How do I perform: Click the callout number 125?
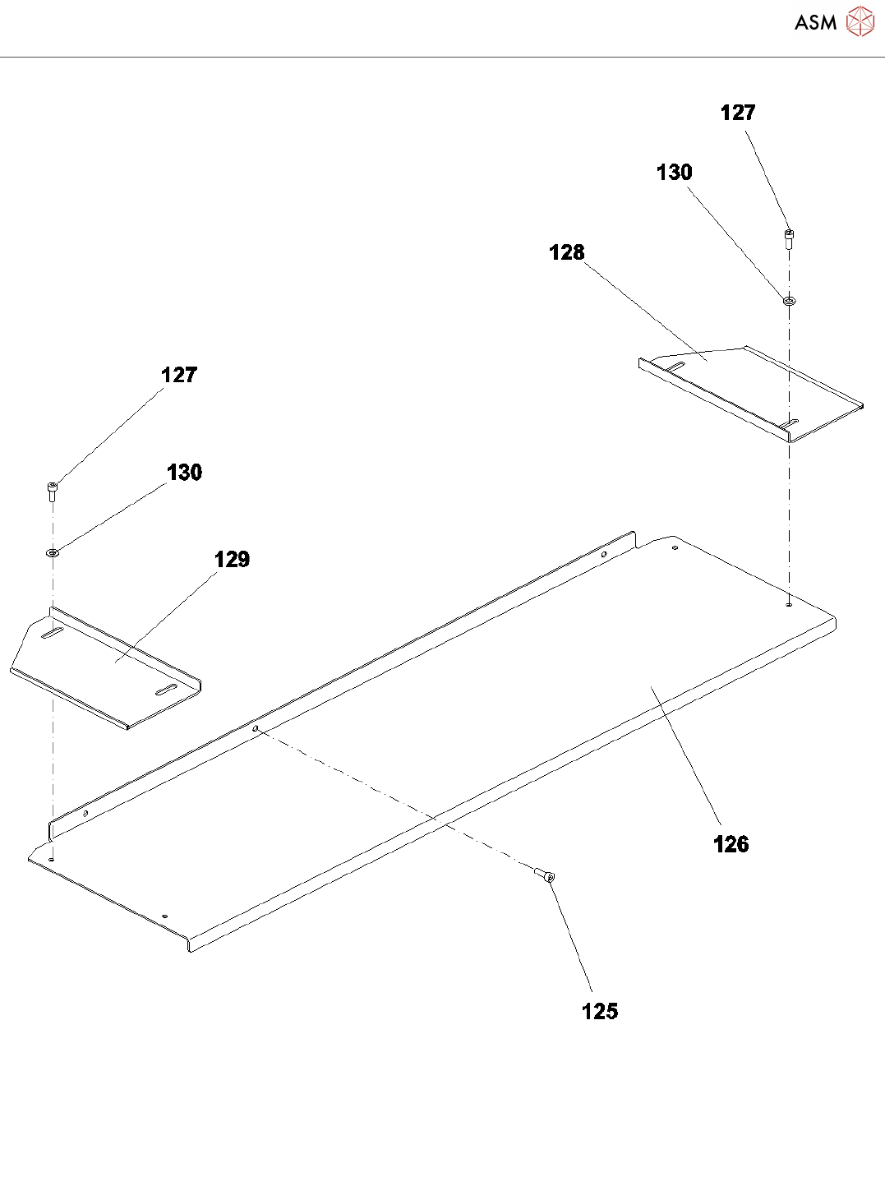point(600,1012)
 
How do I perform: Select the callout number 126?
point(731,844)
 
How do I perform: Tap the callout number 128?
point(566,252)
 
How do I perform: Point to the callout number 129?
point(232,560)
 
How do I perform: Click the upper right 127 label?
point(737,113)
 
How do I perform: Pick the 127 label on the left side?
point(178,375)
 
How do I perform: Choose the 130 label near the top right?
point(674,173)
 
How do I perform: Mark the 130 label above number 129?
point(184,473)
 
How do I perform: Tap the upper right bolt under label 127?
point(789,238)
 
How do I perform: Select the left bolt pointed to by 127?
point(53,491)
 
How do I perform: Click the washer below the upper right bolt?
point(789,301)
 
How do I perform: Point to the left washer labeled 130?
point(53,552)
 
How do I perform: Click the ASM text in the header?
point(815,23)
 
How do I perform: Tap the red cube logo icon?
point(860,22)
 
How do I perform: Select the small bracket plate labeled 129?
point(107,666)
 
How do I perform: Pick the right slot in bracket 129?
point(165,689)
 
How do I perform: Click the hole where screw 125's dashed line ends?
point(256,728)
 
